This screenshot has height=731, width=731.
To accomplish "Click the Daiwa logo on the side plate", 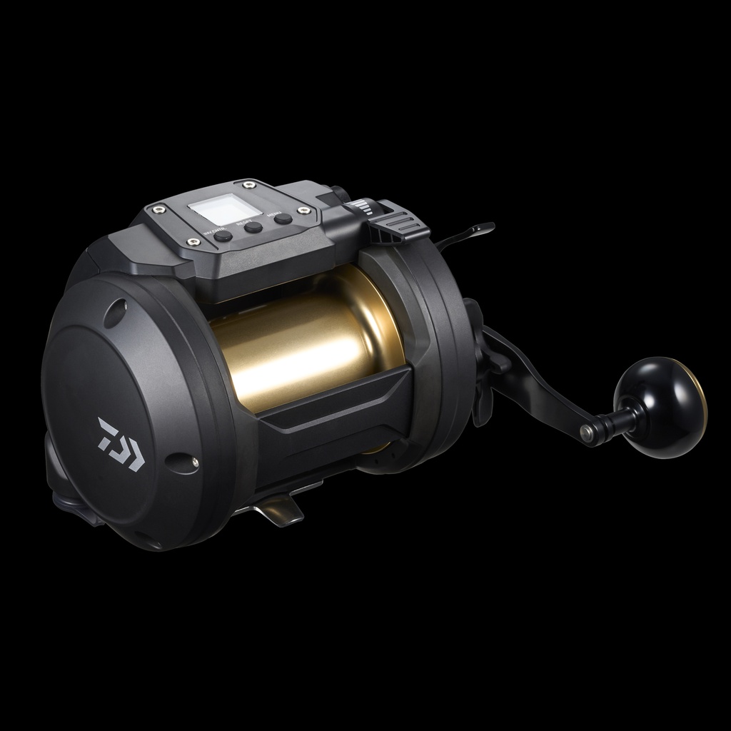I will pyautogui.click(x=121, y=444).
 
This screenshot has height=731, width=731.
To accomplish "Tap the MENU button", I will pyautogui.click(x=283, y=219).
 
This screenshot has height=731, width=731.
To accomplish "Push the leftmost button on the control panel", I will pyautogui.click(x=223, y=236).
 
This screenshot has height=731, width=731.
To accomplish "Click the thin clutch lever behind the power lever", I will pyautogui.click(x=468, y=234).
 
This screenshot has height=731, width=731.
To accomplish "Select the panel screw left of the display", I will pyautogui.click(x=158, y=210).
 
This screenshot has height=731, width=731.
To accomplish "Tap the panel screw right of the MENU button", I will pyautogui.click(x=305, y=211).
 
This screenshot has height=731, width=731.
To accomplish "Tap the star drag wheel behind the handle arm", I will pyautogui.click(x=478, y=357).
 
